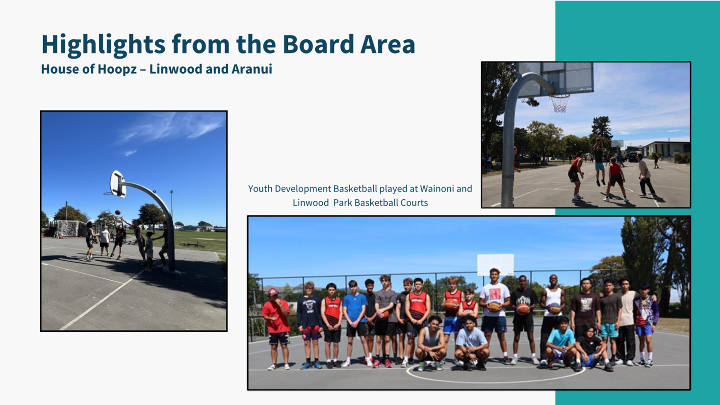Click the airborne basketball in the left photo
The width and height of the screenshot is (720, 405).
118,212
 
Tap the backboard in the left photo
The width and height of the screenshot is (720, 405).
118,184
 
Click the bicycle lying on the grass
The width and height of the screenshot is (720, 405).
192,245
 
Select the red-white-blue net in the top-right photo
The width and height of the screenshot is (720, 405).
560,104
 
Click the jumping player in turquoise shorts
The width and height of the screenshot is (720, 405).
598,161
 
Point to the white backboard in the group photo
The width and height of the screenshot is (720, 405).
495,265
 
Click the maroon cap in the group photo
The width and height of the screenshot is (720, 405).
273,292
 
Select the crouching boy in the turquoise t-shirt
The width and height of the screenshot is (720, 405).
561,342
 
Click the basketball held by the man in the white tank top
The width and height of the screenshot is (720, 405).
555,308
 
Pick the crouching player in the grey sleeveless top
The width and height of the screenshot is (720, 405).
431,343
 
